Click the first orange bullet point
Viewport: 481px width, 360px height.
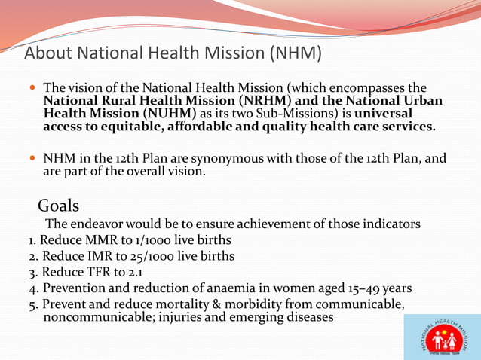[x=32, y=88]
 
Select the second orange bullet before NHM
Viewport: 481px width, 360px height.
[x=32, y=159]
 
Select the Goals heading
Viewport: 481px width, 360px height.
[x=59, y=206]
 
